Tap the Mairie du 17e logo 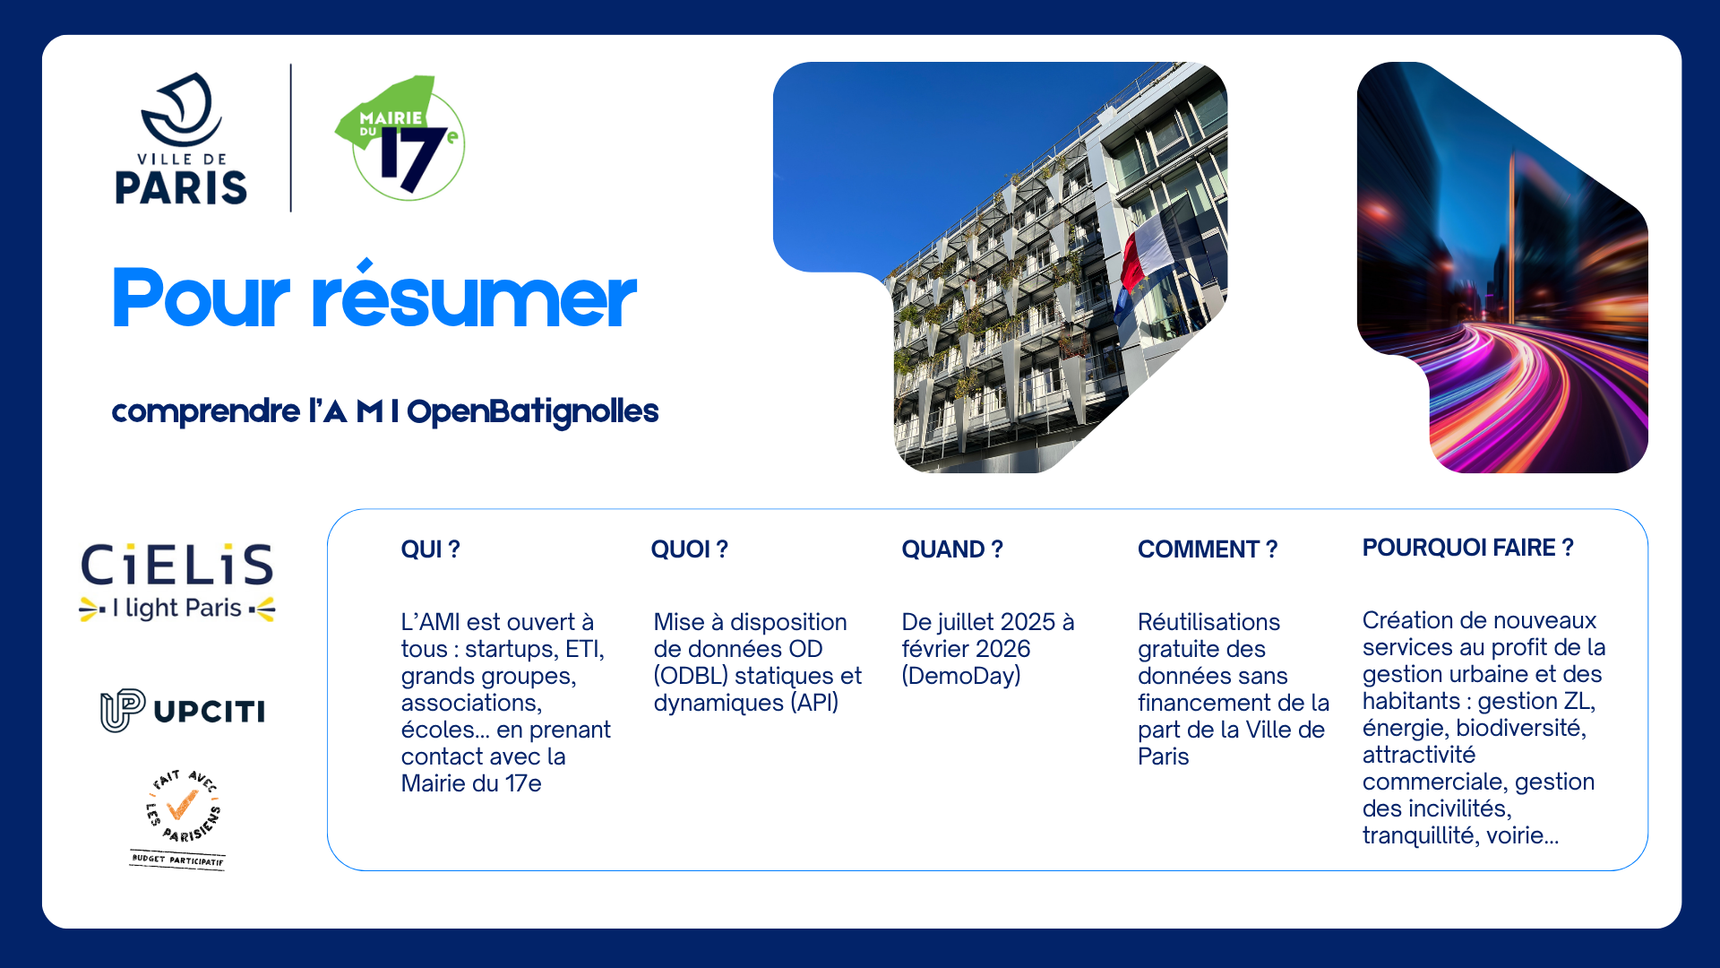pos(400,138)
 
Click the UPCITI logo pos(183,711)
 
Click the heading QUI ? pos(430,549)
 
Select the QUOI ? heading pos(689,549)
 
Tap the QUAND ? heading pos(952,549)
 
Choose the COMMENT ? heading pos(1208,549)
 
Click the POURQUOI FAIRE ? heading pos(1467,548)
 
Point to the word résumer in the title pos(473,297)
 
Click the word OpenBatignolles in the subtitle pos(532,411)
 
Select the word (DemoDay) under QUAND pos(961,676)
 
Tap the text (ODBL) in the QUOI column pos(690,676)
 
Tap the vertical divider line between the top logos pos(291,138)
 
